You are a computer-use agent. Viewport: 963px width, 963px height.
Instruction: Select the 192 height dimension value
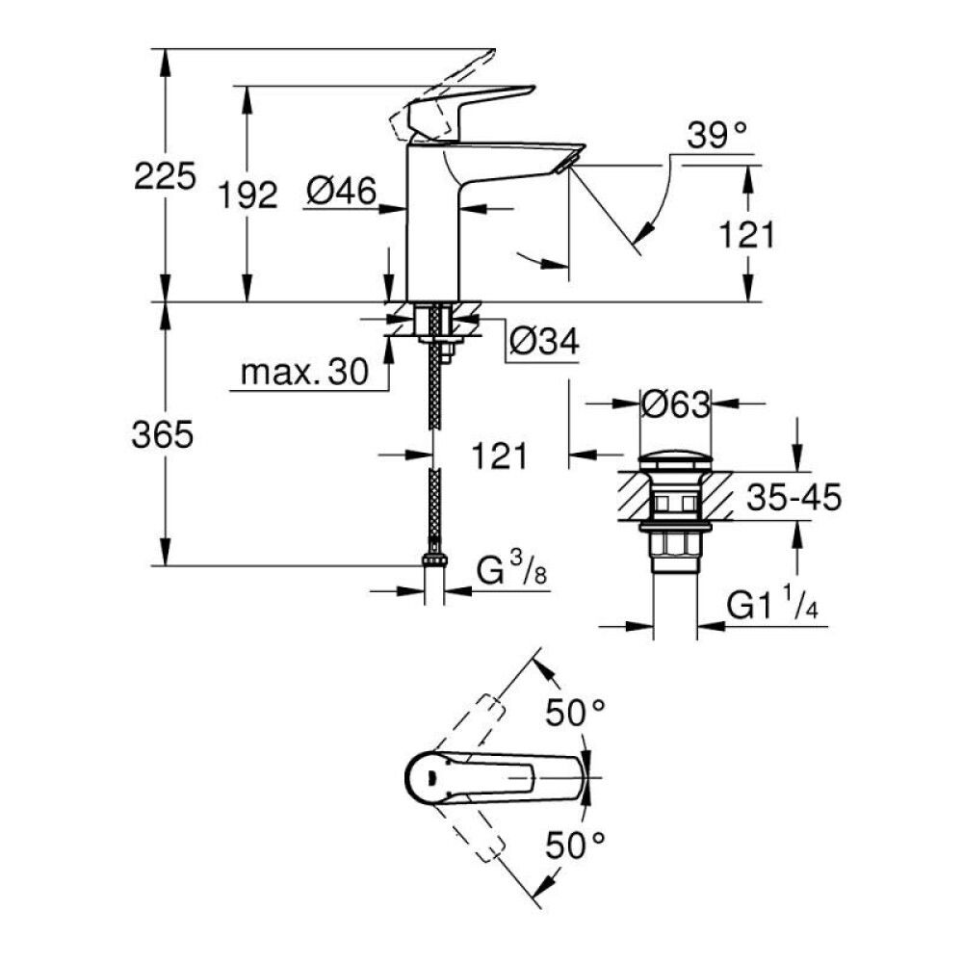pos(245,195)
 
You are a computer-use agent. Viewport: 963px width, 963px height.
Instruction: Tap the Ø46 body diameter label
pos(341,193)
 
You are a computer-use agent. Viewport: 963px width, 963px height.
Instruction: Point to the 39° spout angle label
pos(718,136)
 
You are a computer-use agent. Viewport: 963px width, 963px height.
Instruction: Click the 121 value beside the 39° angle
pos(743,234)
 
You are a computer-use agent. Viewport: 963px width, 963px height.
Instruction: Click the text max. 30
pos(304,373)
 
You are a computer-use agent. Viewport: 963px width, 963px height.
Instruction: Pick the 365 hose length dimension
pos(162,435)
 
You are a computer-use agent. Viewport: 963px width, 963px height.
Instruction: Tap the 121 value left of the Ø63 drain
pos(499,455)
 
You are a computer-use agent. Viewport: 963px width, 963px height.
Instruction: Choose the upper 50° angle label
pos(576,714)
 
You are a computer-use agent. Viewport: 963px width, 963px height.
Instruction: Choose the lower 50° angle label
pos(576,846)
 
